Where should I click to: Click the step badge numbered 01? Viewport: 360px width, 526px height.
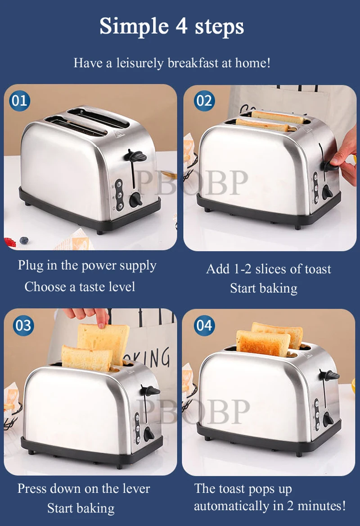(x=19, y=100)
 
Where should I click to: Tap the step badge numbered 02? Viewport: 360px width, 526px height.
(x=204, y=100)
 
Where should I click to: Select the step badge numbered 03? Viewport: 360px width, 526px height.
(x=23, y=326)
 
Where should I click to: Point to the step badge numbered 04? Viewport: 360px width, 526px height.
(x=204, y=326)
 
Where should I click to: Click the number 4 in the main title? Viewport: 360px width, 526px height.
(x=182, y=26)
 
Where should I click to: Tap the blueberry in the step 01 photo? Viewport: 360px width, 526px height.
(x=24, y=240)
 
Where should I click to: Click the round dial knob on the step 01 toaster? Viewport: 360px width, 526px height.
(x=136, y=200)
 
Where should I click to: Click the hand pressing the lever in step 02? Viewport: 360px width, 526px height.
(x=344, y=156)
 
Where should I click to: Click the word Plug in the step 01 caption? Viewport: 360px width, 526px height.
(x=31, y=265)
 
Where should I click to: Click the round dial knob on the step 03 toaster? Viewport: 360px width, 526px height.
(x=149, y=435)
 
